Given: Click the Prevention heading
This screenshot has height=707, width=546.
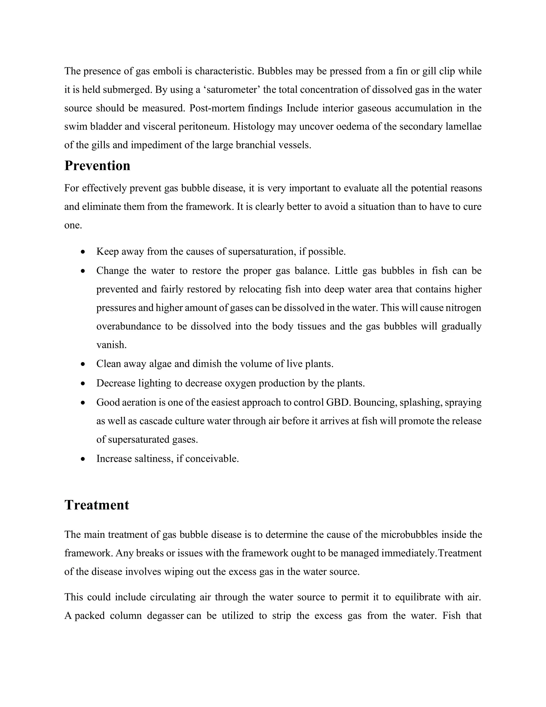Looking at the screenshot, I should pos(97,166).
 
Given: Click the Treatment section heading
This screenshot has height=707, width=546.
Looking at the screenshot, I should pos(97,505).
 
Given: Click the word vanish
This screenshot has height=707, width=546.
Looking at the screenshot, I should pos(111,345).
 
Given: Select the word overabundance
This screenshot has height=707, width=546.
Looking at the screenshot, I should pos(129,326).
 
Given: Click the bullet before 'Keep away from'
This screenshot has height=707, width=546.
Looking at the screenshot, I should pos(83,252).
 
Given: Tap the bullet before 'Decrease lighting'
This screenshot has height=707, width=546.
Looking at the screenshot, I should pos(83,384).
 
